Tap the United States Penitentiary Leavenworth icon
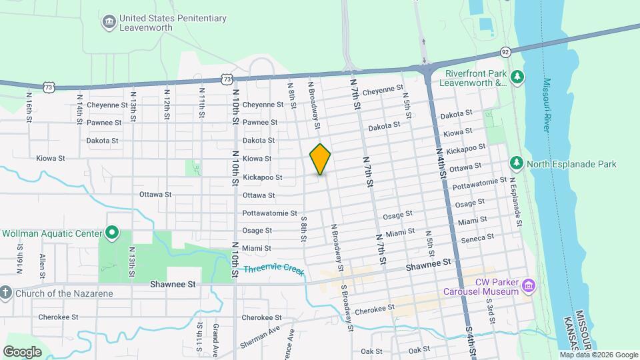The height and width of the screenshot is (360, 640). point(108,23)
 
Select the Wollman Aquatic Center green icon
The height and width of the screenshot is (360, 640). point(113,233)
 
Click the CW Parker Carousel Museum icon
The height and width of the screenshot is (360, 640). point(529,286)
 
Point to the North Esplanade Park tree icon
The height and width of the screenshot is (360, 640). point(516,163)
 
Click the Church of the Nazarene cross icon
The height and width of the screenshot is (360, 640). point(5,292)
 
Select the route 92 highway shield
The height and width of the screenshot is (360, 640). point(505,52)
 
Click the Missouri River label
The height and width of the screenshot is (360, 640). point(546,105)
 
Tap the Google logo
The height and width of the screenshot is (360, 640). point(22,351)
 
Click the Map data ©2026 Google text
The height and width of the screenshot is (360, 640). point(599,355)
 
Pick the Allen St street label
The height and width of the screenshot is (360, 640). point(43,263)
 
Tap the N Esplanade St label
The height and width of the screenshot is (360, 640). point(517,196)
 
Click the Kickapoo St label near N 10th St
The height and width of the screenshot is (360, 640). point(263,177)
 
